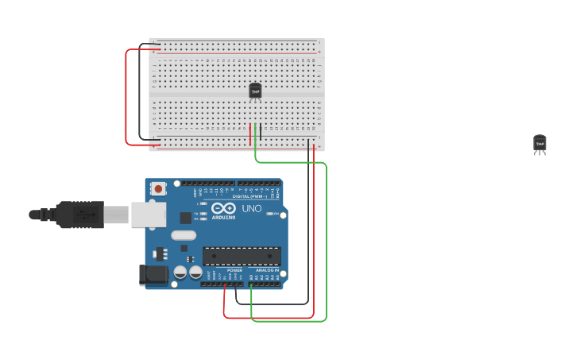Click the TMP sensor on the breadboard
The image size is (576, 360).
pos(255,91)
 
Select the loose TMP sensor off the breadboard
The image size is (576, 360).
pos(539,143)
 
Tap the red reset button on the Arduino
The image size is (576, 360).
pos(159,188)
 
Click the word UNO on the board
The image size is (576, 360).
pos(251,209)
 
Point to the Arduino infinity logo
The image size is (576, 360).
pos(223,208)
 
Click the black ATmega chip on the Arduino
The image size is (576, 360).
pos(242,256)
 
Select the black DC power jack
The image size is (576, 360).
pos(153,275)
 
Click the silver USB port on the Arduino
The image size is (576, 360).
pos(148,214)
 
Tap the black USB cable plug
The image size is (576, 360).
pos(79,215)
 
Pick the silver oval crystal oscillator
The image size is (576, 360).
pos(183,235)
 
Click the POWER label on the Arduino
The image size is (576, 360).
pos(234,270)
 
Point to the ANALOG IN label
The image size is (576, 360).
pos(267,270)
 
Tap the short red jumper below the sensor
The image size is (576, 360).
pos(250,133)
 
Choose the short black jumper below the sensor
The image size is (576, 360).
pos(261,132)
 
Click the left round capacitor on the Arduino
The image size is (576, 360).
pos(180,272)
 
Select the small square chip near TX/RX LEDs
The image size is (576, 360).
pos(185,218)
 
